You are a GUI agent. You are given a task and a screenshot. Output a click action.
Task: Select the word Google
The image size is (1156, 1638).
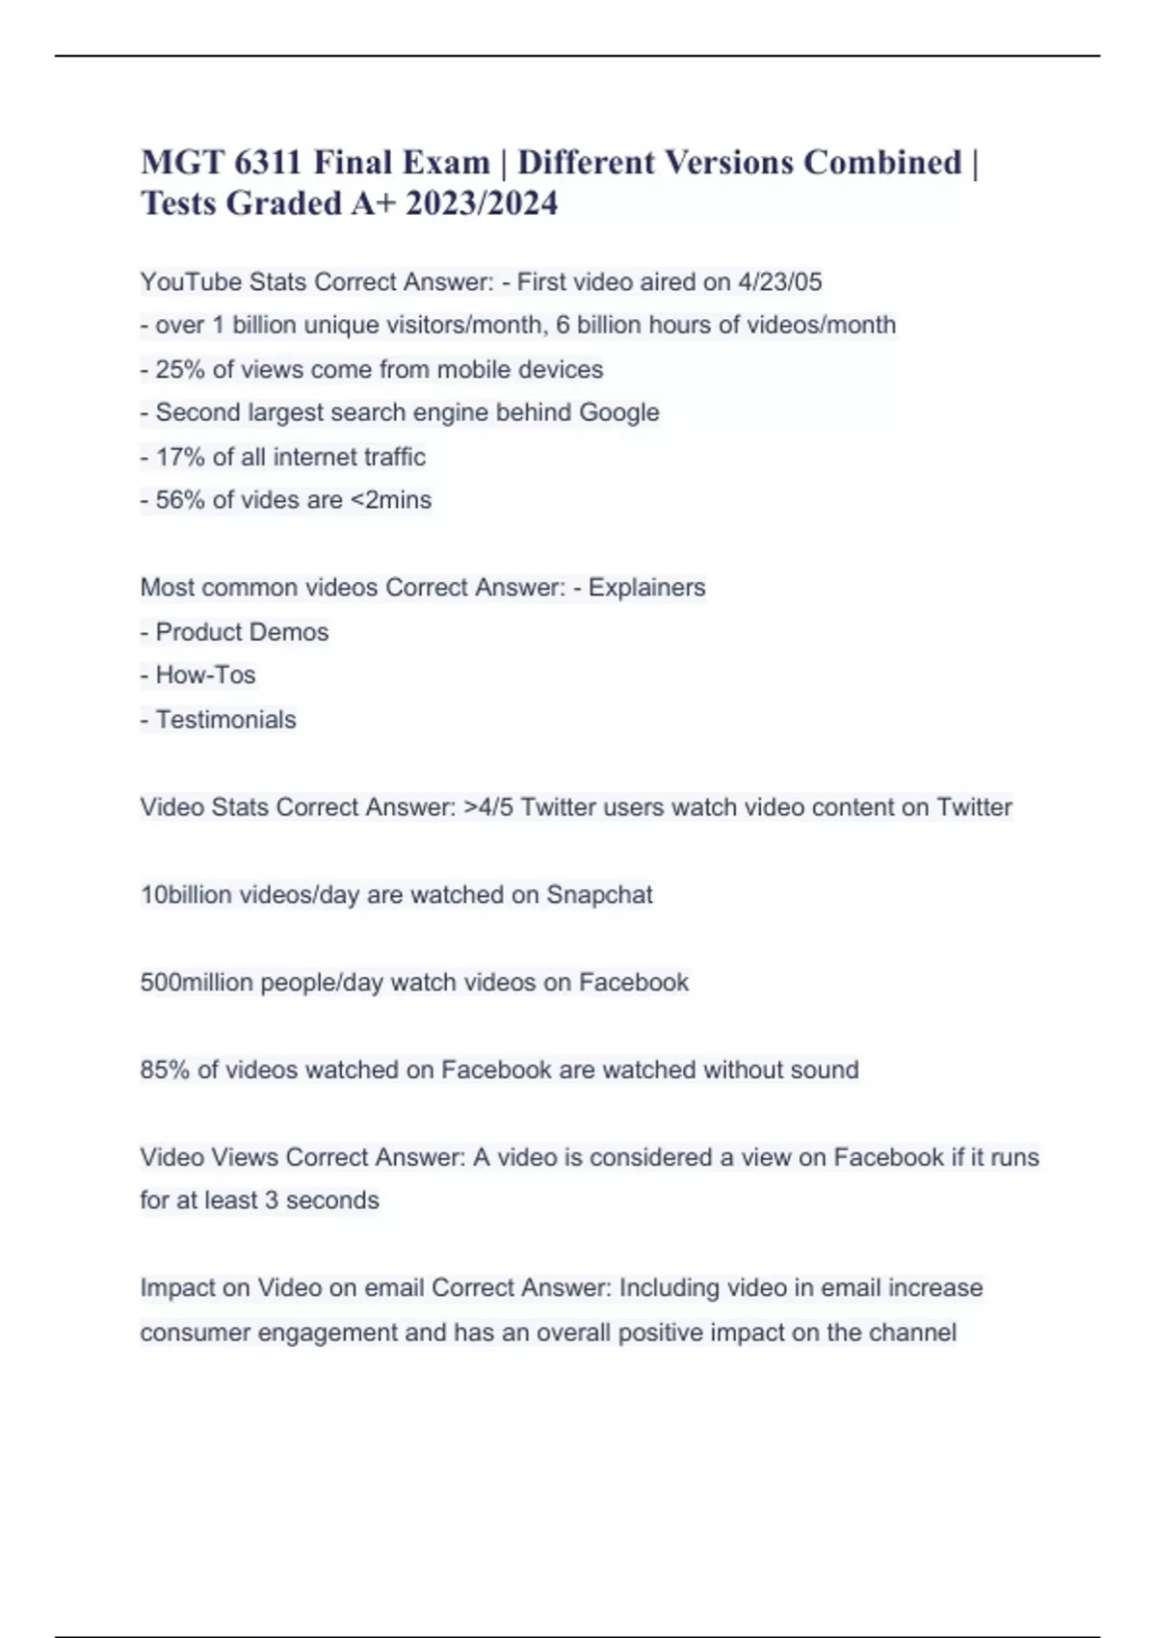tap(618, 412)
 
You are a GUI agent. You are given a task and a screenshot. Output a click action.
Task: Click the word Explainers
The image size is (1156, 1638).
tap(646, 588)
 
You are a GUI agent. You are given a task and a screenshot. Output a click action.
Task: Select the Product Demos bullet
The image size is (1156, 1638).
tap(242, 632)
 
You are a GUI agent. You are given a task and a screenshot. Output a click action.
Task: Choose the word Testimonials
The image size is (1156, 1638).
tap(225, 720)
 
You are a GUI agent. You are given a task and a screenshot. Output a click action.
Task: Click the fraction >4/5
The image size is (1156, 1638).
tap(488, 807)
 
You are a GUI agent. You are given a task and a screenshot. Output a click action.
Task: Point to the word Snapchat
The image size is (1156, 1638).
tap(599, 895)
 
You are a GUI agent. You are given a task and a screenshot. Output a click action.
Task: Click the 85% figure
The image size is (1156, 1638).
tap(165, 1070)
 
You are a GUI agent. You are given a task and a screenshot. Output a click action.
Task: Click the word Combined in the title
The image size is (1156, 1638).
tap(882, 162)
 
